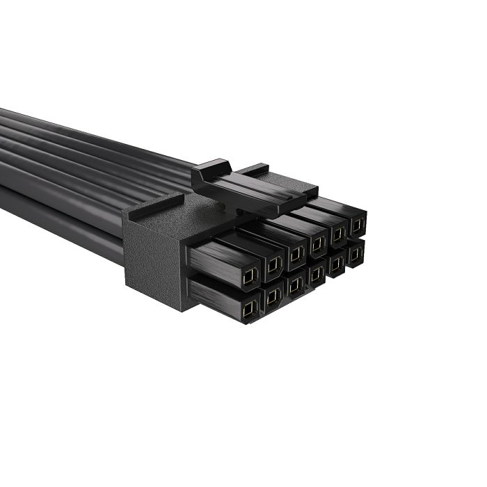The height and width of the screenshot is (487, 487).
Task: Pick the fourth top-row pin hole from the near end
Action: [318, 243]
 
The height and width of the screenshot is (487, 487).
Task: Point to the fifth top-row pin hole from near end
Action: [339, 234]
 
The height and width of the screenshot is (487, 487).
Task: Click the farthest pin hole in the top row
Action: [357, 225]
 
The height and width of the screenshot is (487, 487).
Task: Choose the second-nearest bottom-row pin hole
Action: [273, 298]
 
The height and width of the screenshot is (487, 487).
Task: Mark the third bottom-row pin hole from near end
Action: [295, 285]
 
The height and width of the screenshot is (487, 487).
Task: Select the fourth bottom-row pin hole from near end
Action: [317, 274]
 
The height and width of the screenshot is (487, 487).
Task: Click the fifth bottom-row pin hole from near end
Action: [337, 264]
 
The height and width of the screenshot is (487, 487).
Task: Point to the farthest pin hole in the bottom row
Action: [356, 254]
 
